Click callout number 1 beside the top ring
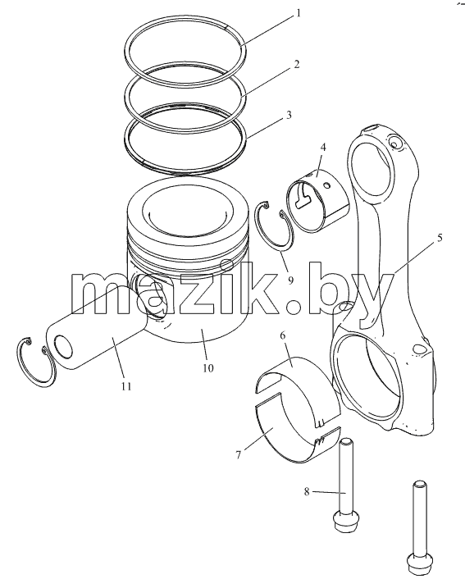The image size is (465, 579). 298,14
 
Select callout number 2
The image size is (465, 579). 296,64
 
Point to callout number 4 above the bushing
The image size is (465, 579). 323,148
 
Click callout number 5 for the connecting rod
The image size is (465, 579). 440,238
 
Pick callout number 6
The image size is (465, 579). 283,335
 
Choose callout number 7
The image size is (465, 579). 239,455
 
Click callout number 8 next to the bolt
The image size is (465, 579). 307,492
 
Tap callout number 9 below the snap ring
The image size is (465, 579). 290,280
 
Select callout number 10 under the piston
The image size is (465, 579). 208,367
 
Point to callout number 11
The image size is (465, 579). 126,386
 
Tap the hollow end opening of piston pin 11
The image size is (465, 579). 63,346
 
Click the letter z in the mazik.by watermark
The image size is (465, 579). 197,294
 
